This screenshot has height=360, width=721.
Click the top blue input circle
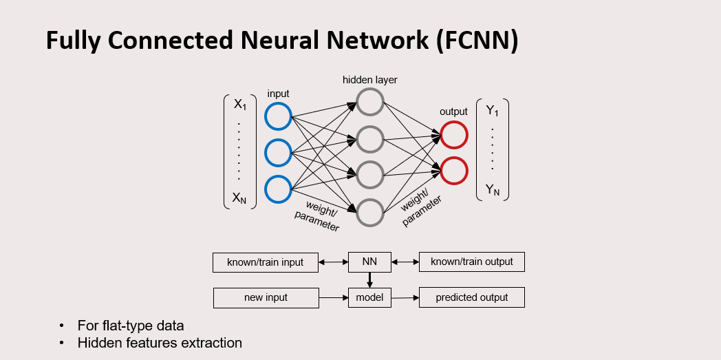click(x=279, y=116)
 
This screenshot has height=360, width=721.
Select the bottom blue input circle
click(x=279, y=189)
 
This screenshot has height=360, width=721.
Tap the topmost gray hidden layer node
click(x=369, y=102)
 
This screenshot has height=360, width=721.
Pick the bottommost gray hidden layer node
click(x=369, y=212)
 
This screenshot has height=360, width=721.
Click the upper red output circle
click(x=454, y=135)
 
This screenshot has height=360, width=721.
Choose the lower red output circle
click(x=454, y=171)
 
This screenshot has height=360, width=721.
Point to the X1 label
click(x=240, y=105)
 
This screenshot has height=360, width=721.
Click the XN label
click(x=240, y=198)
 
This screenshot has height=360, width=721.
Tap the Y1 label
click(x=492, y=110)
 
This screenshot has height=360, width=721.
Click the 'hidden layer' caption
click(x=370, y=80)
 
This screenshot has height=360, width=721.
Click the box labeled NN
click(x=369, y=262)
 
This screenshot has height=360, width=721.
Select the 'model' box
click(x=369, y=298)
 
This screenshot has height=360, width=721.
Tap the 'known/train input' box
click(x=266, y=262)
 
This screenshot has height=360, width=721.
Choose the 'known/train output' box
click(x=472, y=262)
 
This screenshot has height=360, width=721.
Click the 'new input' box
click(x=266, y=298)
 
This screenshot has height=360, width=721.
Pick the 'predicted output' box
click(x=472, y=298)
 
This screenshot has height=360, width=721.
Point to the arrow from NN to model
click(x=369, y=279)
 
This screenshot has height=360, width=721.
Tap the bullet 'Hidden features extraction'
click(x=160, y=343)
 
